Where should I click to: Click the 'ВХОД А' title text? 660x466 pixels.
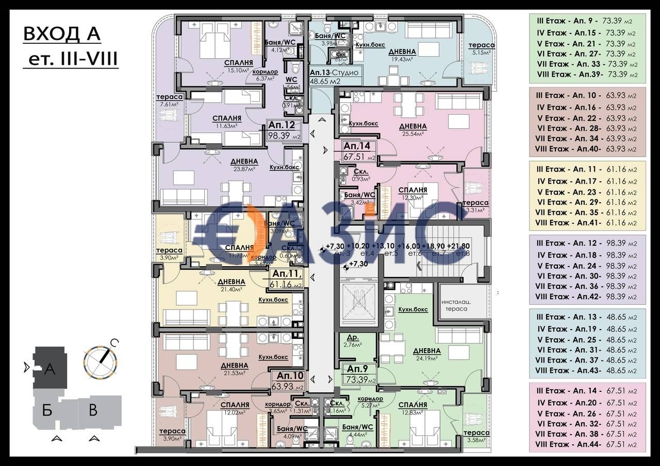tap(62, 35)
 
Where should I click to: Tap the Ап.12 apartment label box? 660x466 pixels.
tap(282, 130)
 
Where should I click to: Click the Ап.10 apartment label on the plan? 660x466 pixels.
tap(289, 381)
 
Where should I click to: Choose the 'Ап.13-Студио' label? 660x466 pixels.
tap(334, 76)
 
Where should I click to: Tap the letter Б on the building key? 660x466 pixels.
tap(47, 410)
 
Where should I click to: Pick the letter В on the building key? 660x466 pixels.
tap(92, 410)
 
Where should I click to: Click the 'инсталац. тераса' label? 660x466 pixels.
tap(454, 305)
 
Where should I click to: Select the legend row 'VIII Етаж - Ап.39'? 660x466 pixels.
tap(587, 75)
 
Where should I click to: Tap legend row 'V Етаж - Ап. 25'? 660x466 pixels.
tap(587, 340)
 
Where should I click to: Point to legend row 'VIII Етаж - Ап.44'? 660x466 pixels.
tap(587, 444)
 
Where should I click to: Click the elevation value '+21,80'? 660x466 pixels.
tap(458, 246)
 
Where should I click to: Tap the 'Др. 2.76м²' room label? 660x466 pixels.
tap(354, 341)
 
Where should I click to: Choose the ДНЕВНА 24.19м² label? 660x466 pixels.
tap(427, 354)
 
